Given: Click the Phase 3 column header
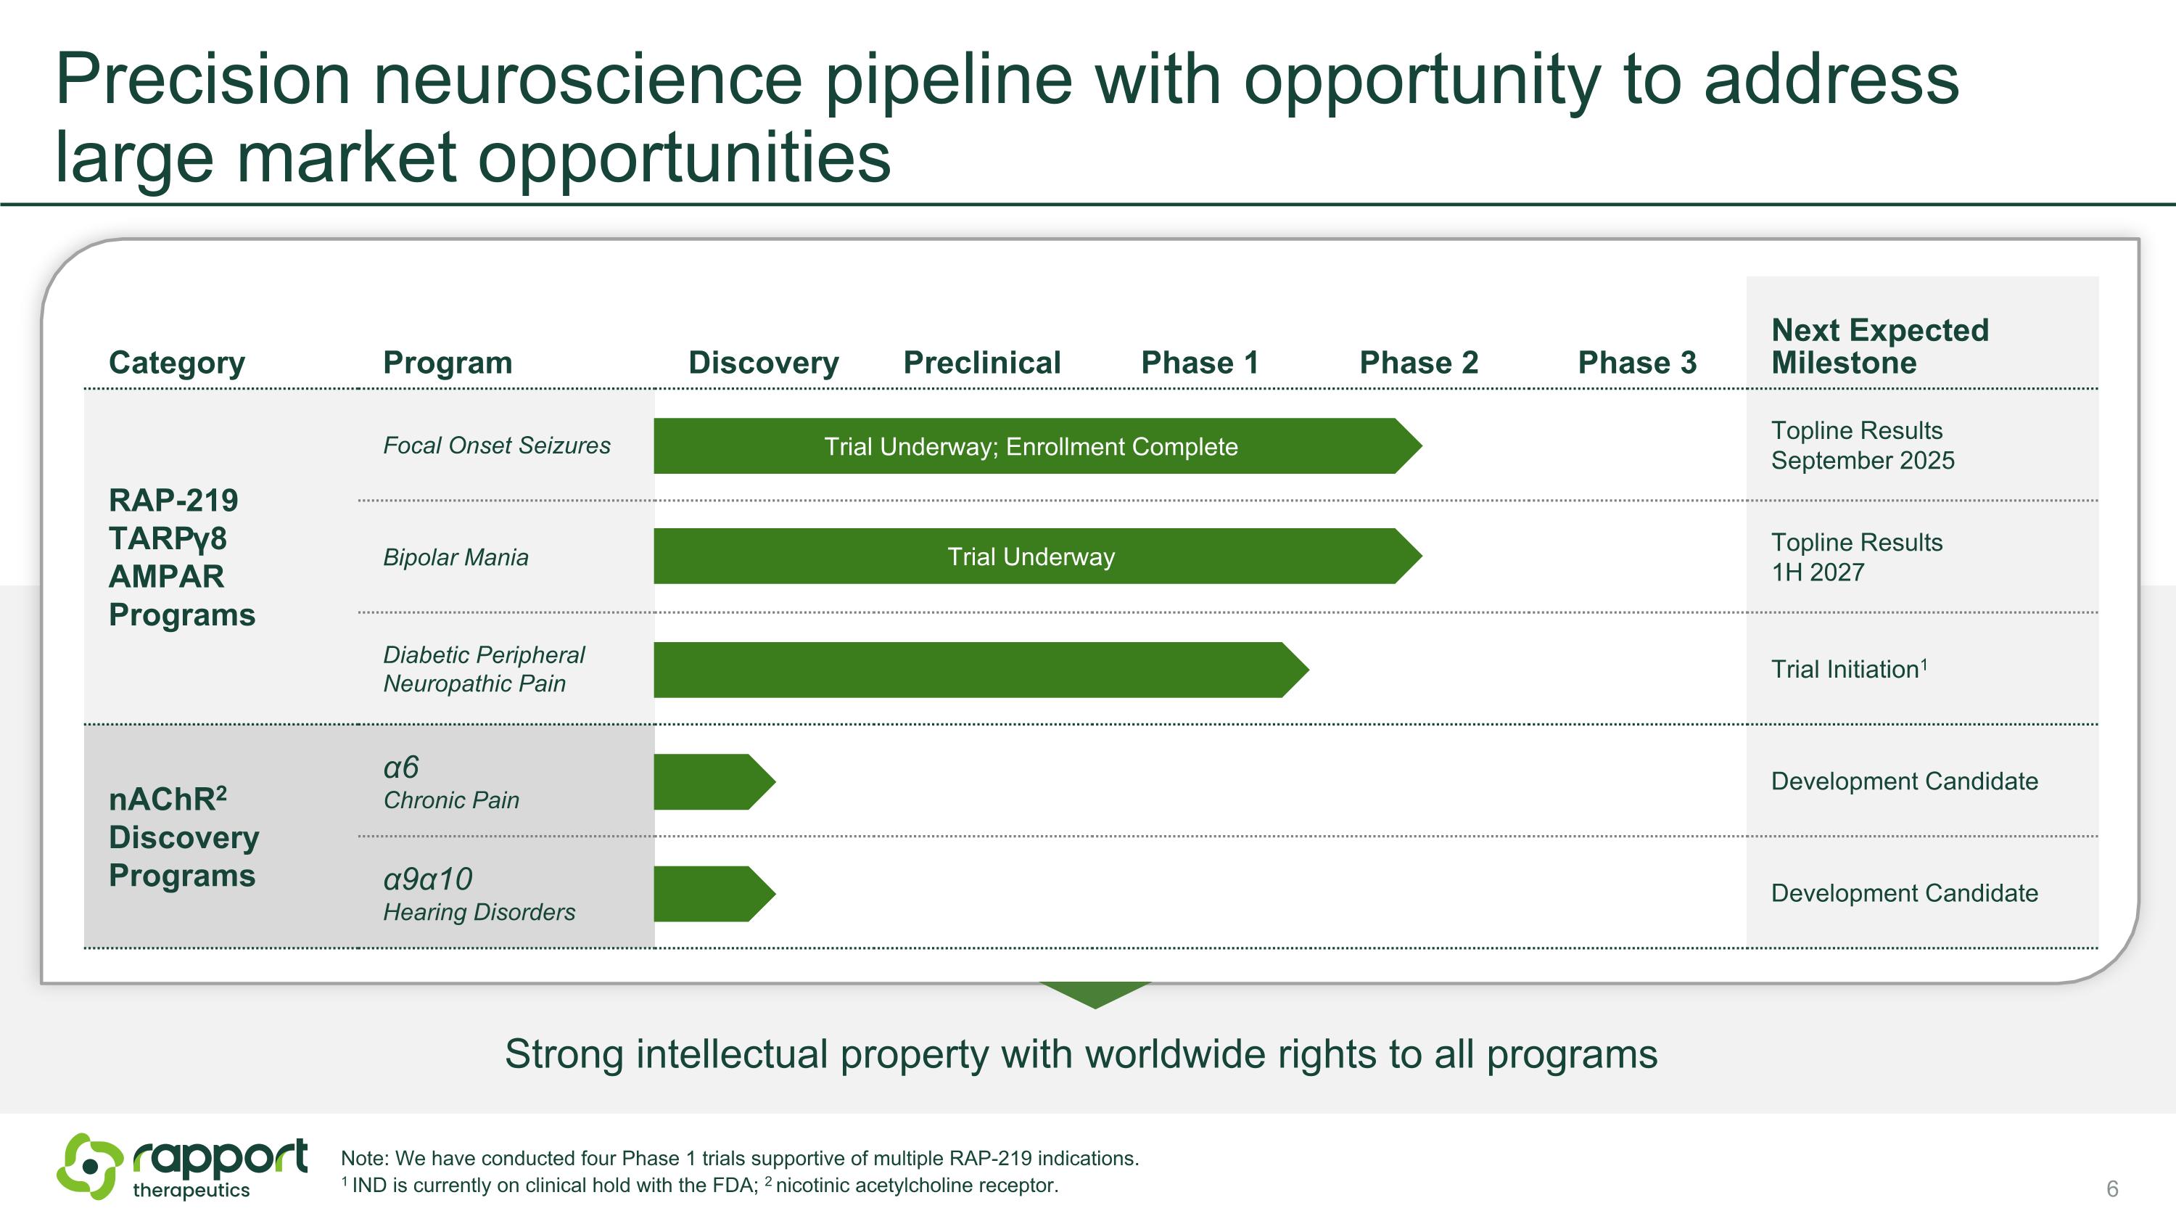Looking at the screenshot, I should (x=1636, y=362).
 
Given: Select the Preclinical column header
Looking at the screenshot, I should (x=981, y=362).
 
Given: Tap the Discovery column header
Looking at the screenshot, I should (x=763, y=362).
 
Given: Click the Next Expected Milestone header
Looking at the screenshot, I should (x=1879, y=346).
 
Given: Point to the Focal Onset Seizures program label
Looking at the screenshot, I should (x=496, y=445).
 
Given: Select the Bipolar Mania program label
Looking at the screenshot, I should (x=456, y=557).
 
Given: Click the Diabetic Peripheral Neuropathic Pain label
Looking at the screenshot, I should (x=483, y=669).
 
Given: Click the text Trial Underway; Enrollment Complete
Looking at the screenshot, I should (x=1031, y=446).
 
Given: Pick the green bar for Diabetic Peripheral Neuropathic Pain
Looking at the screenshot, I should (x=971, y=670).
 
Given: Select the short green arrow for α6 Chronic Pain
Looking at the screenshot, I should (x=709, y=781).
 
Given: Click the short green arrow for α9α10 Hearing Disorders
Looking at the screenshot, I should (x=709, y=894).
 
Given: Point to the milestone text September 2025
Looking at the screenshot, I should (x=1862, y=461).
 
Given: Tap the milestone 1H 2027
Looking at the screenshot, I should (x=1817, y=572).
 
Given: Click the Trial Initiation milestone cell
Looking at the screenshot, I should (x=1848, y=669).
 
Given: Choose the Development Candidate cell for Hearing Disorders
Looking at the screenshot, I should (x=1904, y=893).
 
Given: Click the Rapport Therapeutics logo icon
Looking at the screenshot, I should (x=88, y=1167).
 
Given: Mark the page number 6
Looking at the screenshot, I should (x=2111, y=1188).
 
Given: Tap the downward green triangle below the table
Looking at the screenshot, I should (x=1095, y=994).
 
